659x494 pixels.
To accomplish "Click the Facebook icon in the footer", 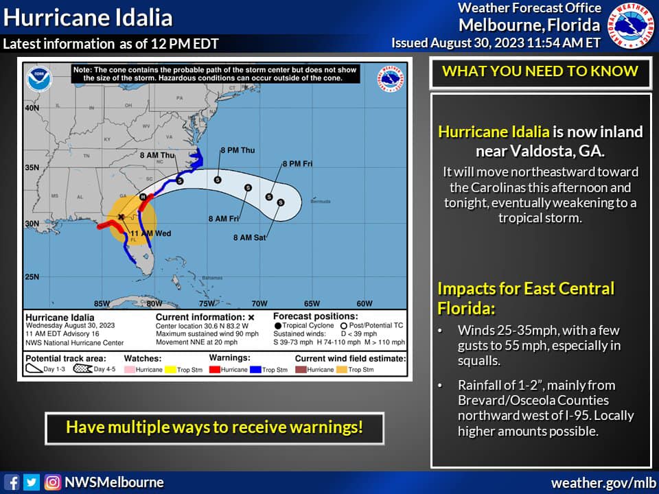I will [x=12, y=482].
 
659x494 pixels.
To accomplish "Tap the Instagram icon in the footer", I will [x=52, y=482].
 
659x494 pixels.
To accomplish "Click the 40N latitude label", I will [x=32, y=108].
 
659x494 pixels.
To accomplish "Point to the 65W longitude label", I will [x=312, y=303].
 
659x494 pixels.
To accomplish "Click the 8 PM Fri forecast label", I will [x=297, y=164].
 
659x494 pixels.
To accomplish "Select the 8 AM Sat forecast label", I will [x=248, y=237].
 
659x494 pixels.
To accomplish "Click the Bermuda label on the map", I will [x=320, y=202].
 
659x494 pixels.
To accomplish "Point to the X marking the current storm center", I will [x=122, y=217].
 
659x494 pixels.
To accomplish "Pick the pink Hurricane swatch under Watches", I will [x=133, y=370].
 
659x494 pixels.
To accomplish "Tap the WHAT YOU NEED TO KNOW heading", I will [x=540, y=71].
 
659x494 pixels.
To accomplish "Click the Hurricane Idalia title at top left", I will [x=88, y=17].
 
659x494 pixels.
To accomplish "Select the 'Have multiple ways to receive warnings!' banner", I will [x=214, y=427].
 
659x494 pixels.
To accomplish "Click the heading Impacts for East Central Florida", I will [x=526, y=297].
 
